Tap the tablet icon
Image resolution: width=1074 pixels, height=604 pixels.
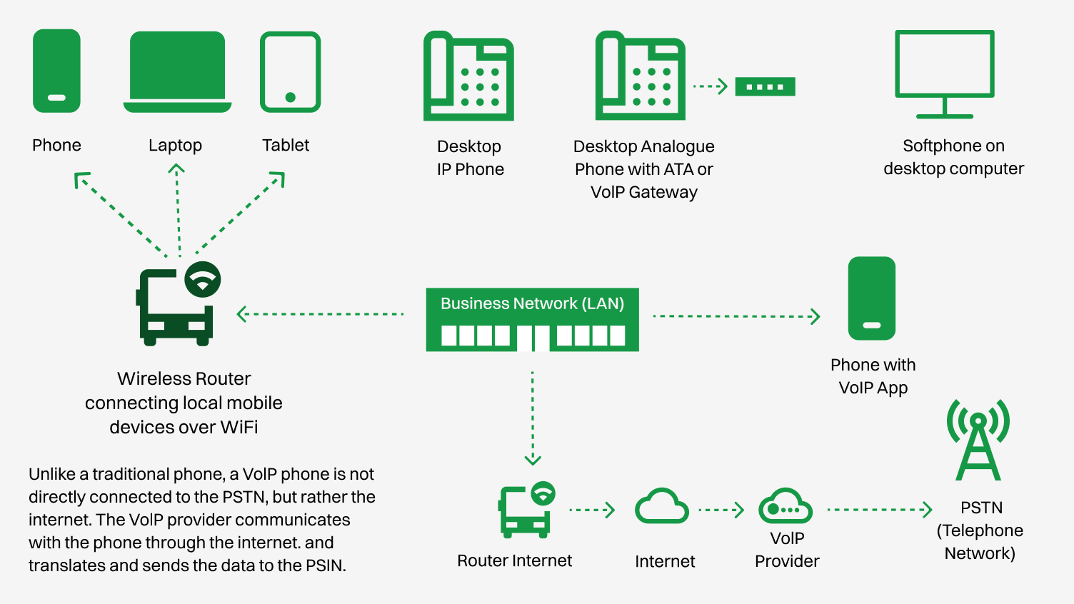[x=290, y=72]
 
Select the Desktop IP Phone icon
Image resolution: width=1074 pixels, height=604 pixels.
[x=468, y=76]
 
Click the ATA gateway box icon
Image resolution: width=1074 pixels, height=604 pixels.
[x=765, y=87]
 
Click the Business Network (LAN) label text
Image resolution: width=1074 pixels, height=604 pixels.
[x=532, y=303]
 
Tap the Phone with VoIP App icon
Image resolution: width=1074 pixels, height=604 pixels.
[x=871, y=298]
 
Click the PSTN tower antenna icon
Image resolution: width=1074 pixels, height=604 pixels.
[x=978, y=440]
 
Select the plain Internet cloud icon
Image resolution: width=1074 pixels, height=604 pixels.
[x=662, y=507]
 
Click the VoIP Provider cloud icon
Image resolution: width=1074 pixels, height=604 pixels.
[x=785, y=507]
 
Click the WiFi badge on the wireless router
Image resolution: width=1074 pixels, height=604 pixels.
[x=203, y=279]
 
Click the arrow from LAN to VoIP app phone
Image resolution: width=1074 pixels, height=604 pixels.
[x=736, y=316]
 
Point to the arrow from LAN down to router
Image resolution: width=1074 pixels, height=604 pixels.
[x=533, y=418]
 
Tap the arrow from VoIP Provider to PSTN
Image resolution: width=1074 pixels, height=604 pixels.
[x=879, y=510]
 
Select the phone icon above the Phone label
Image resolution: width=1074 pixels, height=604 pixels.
[x=56, y=71]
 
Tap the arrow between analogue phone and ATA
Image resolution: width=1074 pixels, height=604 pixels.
[x=710, y=86]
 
